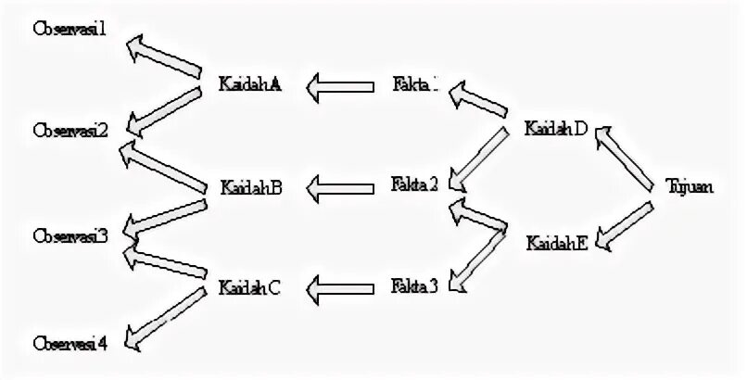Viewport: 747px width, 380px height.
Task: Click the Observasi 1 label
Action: tap(70, 29)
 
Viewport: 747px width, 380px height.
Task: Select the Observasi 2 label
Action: tap(70, 129)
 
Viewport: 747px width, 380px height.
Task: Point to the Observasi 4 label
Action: tap(70, 343)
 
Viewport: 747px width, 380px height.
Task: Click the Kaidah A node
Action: tap(250, 83)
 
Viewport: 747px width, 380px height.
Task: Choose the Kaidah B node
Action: tap(250, 186)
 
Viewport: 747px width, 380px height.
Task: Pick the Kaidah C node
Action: tap(250, 286)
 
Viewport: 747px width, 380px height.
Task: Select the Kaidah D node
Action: tap(555, 128)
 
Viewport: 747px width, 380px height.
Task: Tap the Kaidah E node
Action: tap(556, 244)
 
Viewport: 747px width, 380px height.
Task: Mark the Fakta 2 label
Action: tap(414, 184)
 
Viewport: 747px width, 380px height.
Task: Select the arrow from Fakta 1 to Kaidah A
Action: tap(344, 87)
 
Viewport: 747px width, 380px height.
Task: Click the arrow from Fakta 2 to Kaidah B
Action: tap(344, 189)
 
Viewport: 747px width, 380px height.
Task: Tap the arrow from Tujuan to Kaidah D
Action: tap(627, 158)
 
